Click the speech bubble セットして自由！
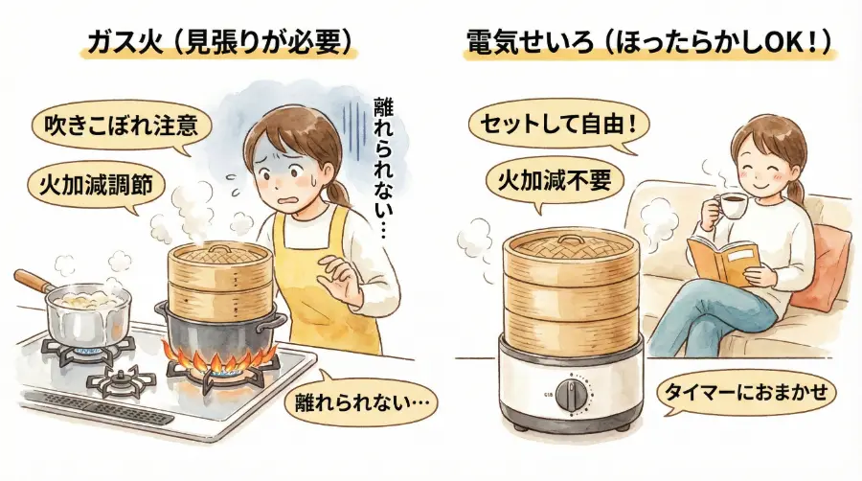(554, 126)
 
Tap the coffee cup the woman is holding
(730, 206)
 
